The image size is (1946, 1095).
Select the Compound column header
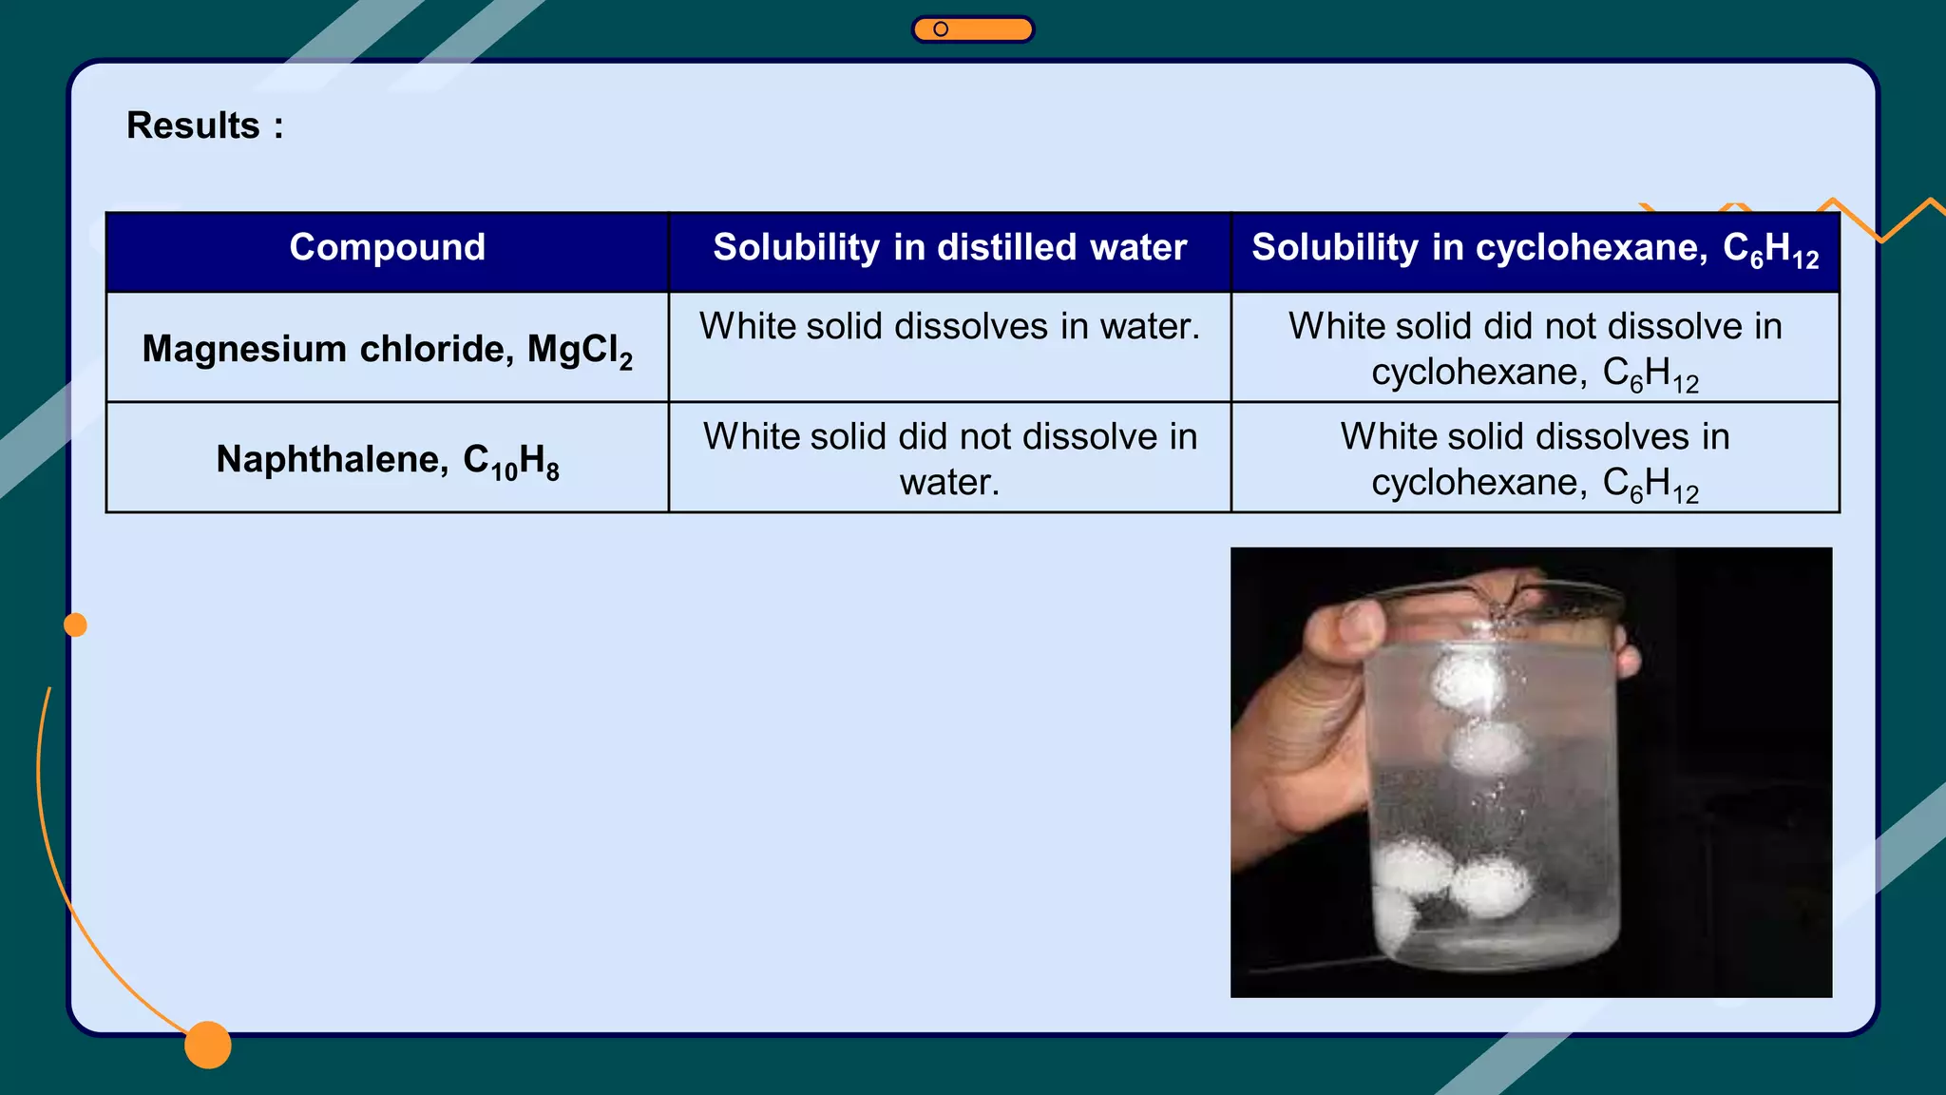(x=387, y=247)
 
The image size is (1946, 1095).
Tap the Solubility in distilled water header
(x=949, y=247)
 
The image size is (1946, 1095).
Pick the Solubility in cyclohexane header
(x=1535, y=249)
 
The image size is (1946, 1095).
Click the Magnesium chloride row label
(x=387, y=349)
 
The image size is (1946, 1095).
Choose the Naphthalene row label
(x=387, y=460)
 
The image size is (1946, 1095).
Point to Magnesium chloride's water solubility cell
(x=949, y=327)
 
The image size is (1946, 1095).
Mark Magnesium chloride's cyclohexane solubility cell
(x=1535, y=349)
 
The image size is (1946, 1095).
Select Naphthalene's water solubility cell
(x=949, y=459)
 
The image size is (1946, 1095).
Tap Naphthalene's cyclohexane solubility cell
(x=1535, y=459)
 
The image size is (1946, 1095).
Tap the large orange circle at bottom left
(x=208, y=1045)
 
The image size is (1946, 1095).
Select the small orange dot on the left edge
(x=75, y=624)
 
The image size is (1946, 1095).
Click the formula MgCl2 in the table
(x=580, y=351)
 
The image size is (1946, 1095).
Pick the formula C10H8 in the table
(x=511, y=462)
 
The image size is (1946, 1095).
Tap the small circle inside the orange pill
(x=941, y=29)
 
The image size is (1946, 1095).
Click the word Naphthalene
(x=327, y=459)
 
